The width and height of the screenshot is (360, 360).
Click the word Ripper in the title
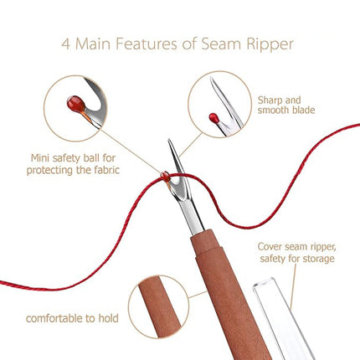click(270, 44)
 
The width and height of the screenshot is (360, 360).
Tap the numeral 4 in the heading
click(66, 44)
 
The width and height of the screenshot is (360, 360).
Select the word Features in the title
click(147, 44)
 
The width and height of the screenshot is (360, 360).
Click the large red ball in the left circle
click(76, 104)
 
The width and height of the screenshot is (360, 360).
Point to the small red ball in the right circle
click(214, 117)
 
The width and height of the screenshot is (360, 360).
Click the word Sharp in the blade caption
click(270, 100)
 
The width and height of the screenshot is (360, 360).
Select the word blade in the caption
click(304, 110)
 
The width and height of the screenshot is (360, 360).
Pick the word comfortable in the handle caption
click(54, 318)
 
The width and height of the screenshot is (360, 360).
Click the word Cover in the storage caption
click(270, 247)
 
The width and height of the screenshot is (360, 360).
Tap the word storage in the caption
click(318, 259)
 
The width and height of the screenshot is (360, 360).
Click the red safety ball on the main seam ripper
click(165, 175)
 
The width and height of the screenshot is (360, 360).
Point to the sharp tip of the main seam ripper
click(168, 139)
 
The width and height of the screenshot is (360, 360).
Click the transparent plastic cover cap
click(282, 318)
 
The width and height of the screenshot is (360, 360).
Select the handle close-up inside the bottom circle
click(159, 306)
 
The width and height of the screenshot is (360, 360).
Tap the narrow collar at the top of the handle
click(206, 243)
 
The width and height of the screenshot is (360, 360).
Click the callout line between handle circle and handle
click(198, 295)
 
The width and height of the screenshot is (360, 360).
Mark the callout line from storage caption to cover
click(293, 287)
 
